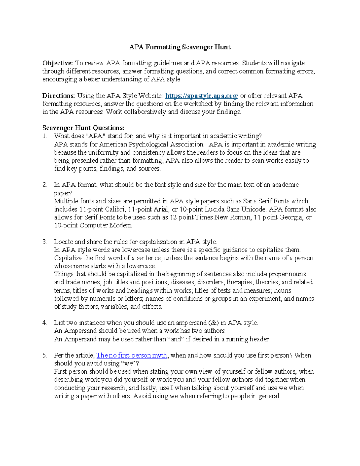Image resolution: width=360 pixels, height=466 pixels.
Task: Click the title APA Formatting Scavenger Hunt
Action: coord(180,47)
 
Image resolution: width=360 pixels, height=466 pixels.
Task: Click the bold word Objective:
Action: coord(57,63)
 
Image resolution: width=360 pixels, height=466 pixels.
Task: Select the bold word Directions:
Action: coord(58,96)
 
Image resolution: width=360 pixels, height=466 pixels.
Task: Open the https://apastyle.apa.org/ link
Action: coord(202,96)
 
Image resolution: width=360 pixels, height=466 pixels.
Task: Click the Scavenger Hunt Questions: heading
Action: coord(83,128)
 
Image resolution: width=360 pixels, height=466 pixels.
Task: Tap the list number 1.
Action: coord(44,136)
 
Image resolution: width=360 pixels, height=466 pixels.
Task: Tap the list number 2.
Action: coord(44,185)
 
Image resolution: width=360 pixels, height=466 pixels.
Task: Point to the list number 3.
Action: coord(44,242)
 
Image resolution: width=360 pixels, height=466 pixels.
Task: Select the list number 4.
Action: coord(44,323)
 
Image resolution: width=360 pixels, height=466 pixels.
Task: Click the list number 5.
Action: coord(44,355)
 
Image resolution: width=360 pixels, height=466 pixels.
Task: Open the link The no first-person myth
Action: coord(131,355)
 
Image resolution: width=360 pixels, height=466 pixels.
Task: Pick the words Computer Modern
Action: coord(106,225)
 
